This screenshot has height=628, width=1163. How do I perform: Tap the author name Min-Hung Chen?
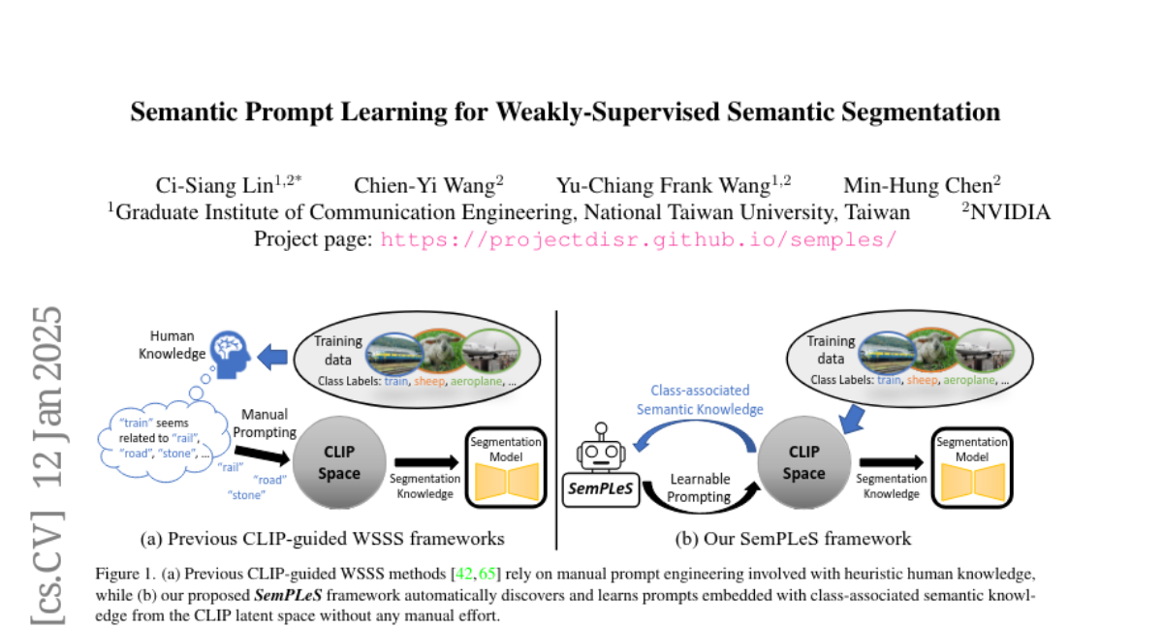point(921,185)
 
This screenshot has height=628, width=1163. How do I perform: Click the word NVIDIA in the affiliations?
point(1011,212)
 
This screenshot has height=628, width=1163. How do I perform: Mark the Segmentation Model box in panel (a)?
point(505,466)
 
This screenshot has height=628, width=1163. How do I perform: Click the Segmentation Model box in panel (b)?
point(971,466)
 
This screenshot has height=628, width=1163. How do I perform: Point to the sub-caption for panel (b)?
point(793,538)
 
